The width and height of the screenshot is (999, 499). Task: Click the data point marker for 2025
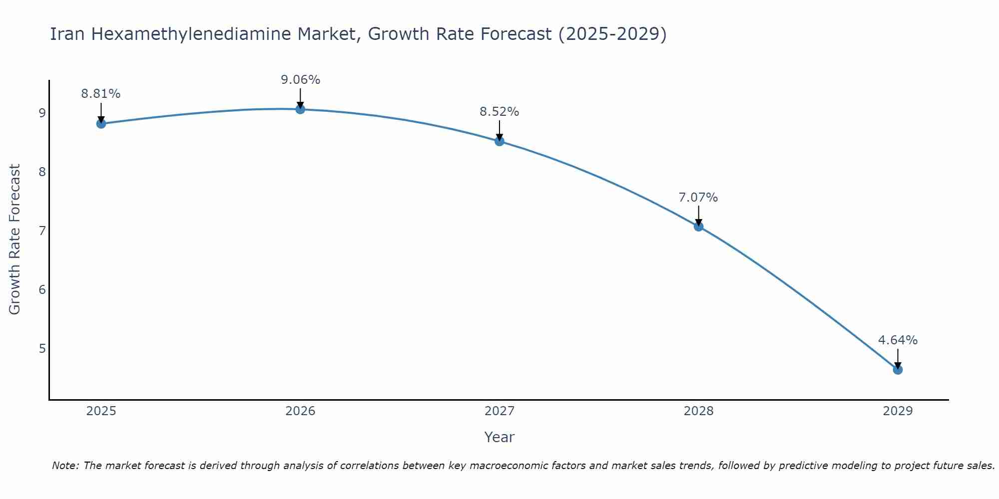tap(101, 123)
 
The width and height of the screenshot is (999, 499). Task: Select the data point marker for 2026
tap(300, 109)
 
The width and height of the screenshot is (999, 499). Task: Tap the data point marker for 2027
tap(499, 141)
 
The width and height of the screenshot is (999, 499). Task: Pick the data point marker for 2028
tap(698, 227)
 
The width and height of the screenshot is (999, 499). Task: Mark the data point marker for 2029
tap(898, 370)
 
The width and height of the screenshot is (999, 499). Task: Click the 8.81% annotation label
tap(101, 94)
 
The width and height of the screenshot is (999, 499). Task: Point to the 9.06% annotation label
tap(300, 80)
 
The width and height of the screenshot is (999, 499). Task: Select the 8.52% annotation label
tap(499, 112)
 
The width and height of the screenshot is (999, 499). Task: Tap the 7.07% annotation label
tap(698, 198)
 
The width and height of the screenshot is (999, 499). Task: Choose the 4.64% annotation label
tap(898, 340)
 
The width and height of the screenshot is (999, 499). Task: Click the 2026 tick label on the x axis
tap(300, 411)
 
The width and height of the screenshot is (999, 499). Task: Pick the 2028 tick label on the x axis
tap(698, 411)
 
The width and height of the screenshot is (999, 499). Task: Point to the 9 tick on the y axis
tap(42, 113)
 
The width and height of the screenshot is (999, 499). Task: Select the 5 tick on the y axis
tap(42, 348)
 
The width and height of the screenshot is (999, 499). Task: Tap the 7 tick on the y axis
tap(42, 231)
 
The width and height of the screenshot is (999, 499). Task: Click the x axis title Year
tap(499, 437)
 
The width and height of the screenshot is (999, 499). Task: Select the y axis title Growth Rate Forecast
tap(15, 240)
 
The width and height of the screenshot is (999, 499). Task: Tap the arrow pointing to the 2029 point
tap(898, 358)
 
